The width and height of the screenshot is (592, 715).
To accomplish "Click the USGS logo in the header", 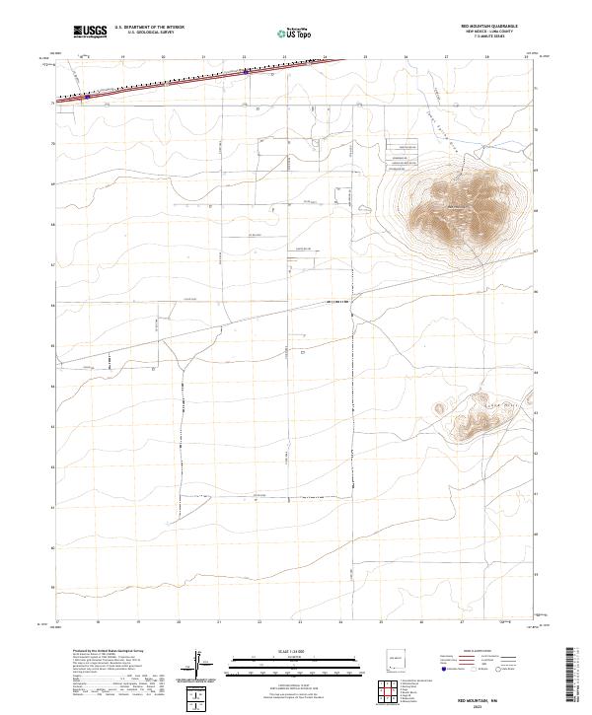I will point(90,32).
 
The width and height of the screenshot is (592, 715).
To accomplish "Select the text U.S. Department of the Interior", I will point(149,27).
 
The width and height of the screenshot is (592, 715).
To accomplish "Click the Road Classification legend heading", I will point(464,653).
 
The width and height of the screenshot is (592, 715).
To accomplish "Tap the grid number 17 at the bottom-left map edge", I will point(58,622).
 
